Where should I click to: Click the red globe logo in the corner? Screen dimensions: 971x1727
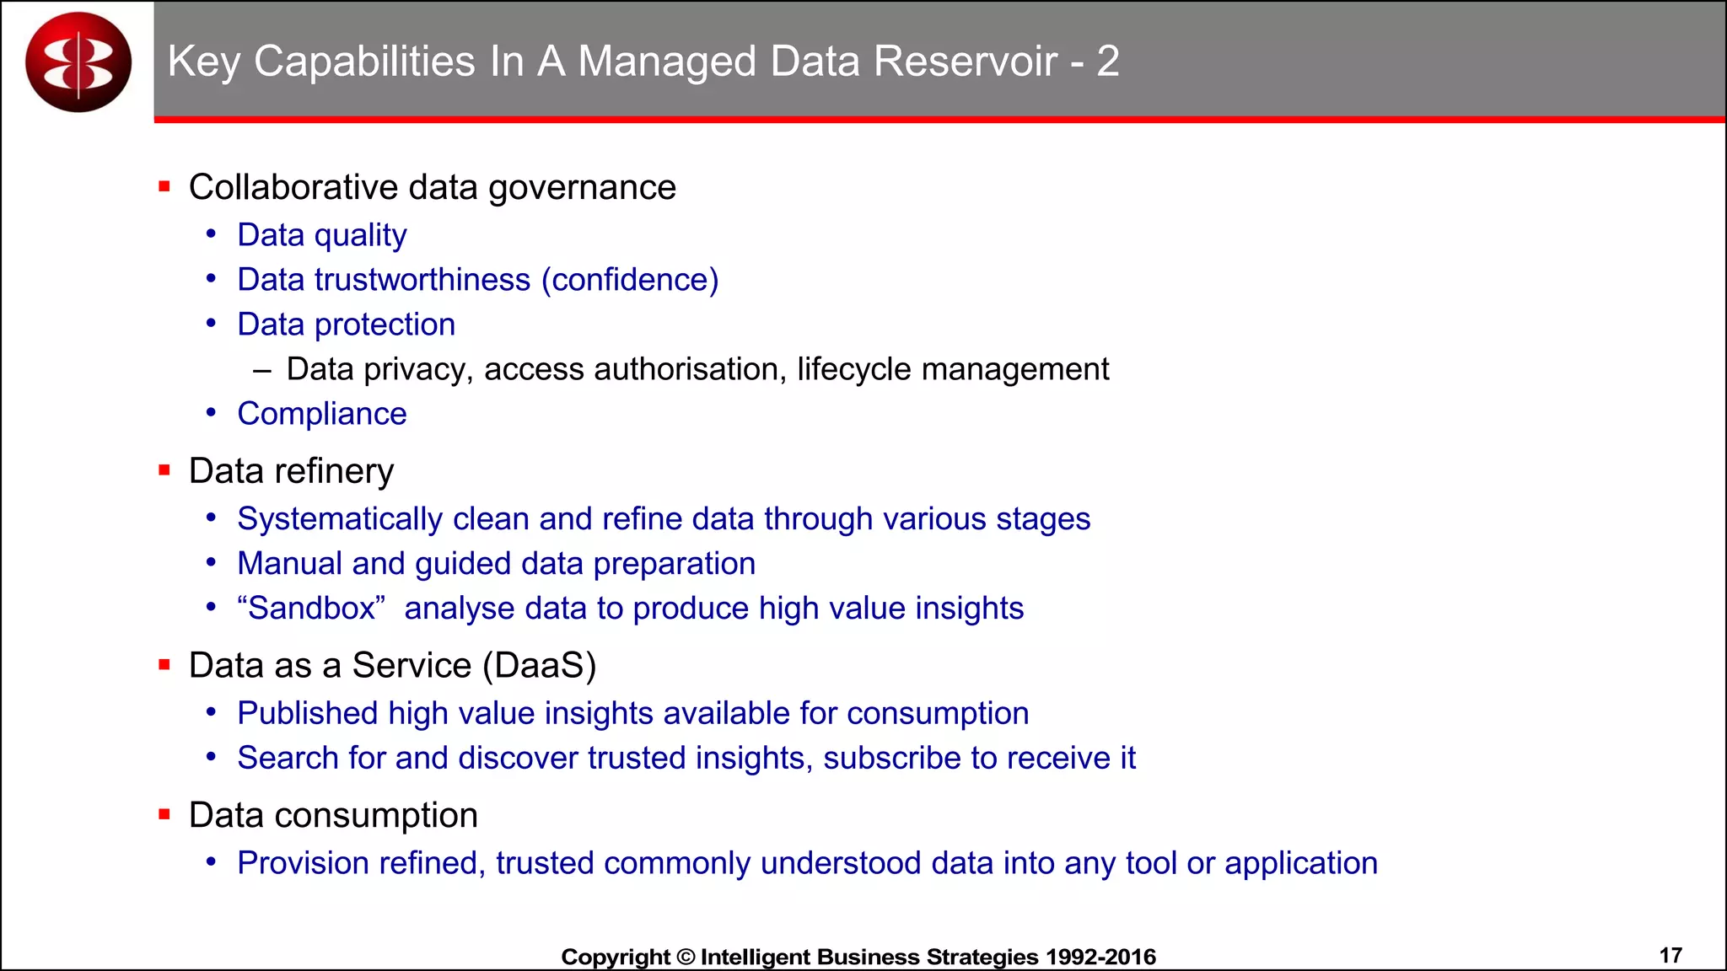(78, 62)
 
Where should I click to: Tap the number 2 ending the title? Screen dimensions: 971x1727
(1108, 62)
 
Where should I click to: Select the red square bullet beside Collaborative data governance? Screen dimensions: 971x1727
(164, 186)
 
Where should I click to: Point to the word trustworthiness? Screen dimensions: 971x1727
(422, 280)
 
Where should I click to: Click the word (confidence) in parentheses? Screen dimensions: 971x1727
(630, 280)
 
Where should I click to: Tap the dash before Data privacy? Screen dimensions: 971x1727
(261, 370)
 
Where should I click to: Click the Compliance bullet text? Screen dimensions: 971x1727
(322, 414)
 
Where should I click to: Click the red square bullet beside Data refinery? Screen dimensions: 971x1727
(164, 470)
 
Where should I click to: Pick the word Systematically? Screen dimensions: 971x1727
(340, 519)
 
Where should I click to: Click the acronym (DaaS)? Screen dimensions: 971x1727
(540, 666)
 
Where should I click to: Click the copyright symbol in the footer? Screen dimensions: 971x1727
(686, 958)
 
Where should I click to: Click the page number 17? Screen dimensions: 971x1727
(1671, 956)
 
